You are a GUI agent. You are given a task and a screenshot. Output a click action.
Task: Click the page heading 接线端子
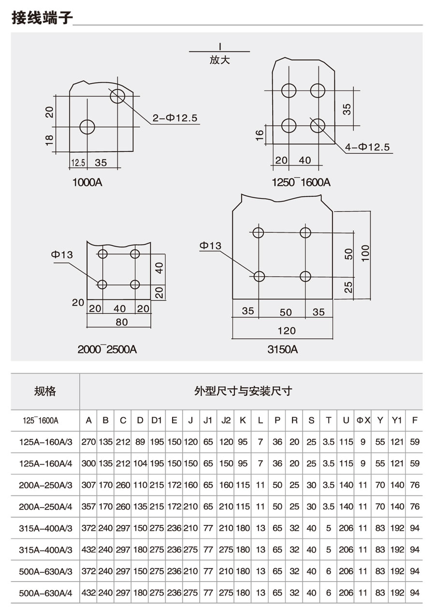tap(42, 18)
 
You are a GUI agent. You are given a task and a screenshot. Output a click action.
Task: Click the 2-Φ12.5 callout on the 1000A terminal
tap(175, 118)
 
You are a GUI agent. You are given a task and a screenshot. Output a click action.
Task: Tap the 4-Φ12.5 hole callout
tap(367, 147)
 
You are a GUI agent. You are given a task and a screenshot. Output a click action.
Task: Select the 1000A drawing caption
tap(87, 182)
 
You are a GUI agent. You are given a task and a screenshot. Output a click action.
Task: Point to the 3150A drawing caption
tap(283, 349)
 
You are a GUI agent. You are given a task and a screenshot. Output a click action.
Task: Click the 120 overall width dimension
tap(287, 331)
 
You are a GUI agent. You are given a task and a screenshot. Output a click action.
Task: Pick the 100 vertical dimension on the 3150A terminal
tap(365, 253)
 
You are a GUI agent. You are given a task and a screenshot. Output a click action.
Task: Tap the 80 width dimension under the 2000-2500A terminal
tap(122, 322)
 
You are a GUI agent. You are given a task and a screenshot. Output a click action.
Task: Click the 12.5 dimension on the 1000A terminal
tap(78, 163)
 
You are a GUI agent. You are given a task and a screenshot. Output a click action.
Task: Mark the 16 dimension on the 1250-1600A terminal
tap(260, 135)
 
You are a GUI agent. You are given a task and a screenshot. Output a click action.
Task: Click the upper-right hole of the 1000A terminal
tap(117, 96)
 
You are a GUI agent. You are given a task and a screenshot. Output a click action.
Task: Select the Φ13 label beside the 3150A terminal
tap(211, 246)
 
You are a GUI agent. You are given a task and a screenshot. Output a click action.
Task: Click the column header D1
tap(157, 421)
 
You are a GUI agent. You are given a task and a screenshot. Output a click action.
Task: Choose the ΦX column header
tap(363, 421)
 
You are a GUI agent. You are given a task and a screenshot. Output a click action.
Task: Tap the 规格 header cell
tap(45, 391)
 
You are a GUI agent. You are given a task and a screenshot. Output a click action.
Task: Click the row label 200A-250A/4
tap(45, 507)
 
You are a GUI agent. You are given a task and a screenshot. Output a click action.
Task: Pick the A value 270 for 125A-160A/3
tap(88, 442)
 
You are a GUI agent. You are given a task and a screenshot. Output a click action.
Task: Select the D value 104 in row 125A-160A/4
tap(140, 464)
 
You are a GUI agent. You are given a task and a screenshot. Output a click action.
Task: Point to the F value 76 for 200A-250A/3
tap(415, 485)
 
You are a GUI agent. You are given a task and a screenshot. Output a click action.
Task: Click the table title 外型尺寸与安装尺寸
tap(243, 391)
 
